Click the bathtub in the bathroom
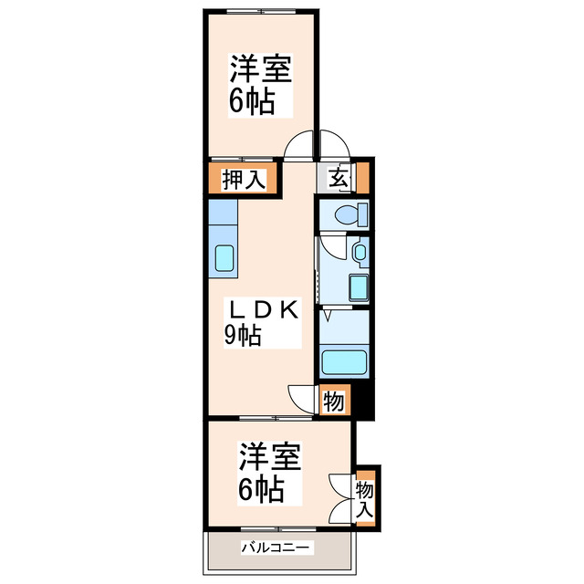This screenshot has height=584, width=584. click(x=343, y=363)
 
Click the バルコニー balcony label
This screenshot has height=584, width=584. click(x=277, y=547)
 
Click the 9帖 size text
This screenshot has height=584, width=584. click(x=244, y=335)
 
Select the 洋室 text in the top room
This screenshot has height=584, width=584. click(x=260, y=69)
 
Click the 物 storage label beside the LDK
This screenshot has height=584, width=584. click(x=334, y=401)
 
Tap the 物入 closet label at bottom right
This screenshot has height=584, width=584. click(x=366, y=498)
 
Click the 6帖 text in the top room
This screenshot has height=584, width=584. click(x=251, y=101)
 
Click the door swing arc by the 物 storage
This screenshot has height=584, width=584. click(x=302, y=398)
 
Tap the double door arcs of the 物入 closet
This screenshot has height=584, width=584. click(x=342, y=498)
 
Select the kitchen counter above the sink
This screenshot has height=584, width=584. click(x=222, y=220)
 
